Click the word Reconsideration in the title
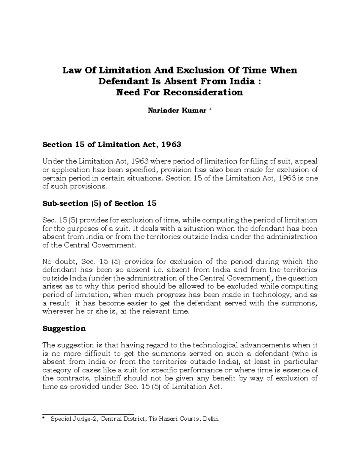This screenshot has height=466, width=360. pos(203,92)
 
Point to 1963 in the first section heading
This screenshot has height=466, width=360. pos(171,145)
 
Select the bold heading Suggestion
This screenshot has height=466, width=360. pos(64,328)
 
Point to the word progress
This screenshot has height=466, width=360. pos(169,295)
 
